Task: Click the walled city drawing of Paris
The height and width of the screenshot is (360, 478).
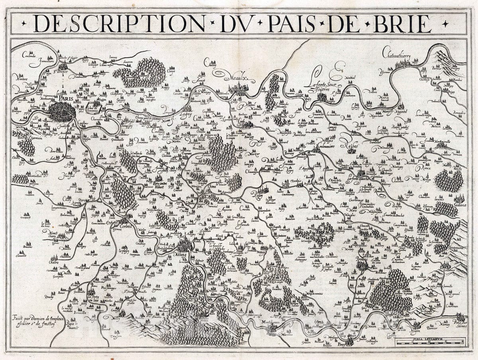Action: click(x=62, y=112)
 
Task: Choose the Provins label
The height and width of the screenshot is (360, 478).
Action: click(x=361, y=259)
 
